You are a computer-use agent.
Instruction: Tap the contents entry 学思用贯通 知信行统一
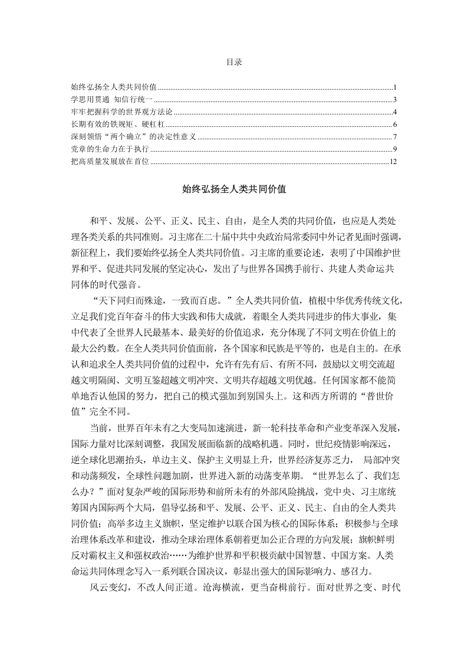click(x=111, y=99)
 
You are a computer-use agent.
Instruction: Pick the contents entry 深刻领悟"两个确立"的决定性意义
click(x=133, y=137)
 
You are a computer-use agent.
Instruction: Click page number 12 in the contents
click(x=394, y=162)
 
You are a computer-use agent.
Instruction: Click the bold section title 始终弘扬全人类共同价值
click(x=234, y=191)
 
